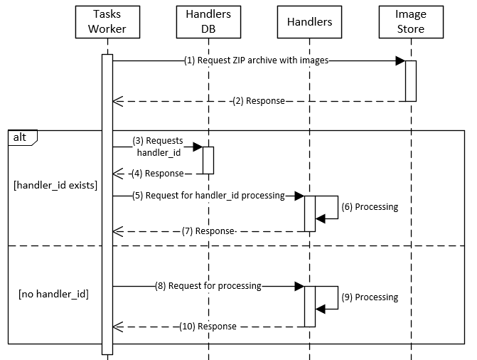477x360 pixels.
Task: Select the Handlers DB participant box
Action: [208, 22]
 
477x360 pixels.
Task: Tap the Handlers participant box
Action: [309, 22]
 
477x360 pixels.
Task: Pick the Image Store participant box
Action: [411, 22]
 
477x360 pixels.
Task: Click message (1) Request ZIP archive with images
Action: [255, 60]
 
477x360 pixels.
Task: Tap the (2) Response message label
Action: [259, 101]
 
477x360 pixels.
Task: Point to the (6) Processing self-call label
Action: [370, 207]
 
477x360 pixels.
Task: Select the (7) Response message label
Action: [208, 231]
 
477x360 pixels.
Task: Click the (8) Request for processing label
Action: [208, 286]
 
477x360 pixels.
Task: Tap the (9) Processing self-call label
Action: [370, 297]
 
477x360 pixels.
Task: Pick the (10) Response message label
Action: [207, 326]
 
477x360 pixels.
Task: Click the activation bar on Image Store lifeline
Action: [411, 80]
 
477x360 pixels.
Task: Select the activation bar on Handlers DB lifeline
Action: [208, 159]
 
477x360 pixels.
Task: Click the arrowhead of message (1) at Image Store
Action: [400, 61]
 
